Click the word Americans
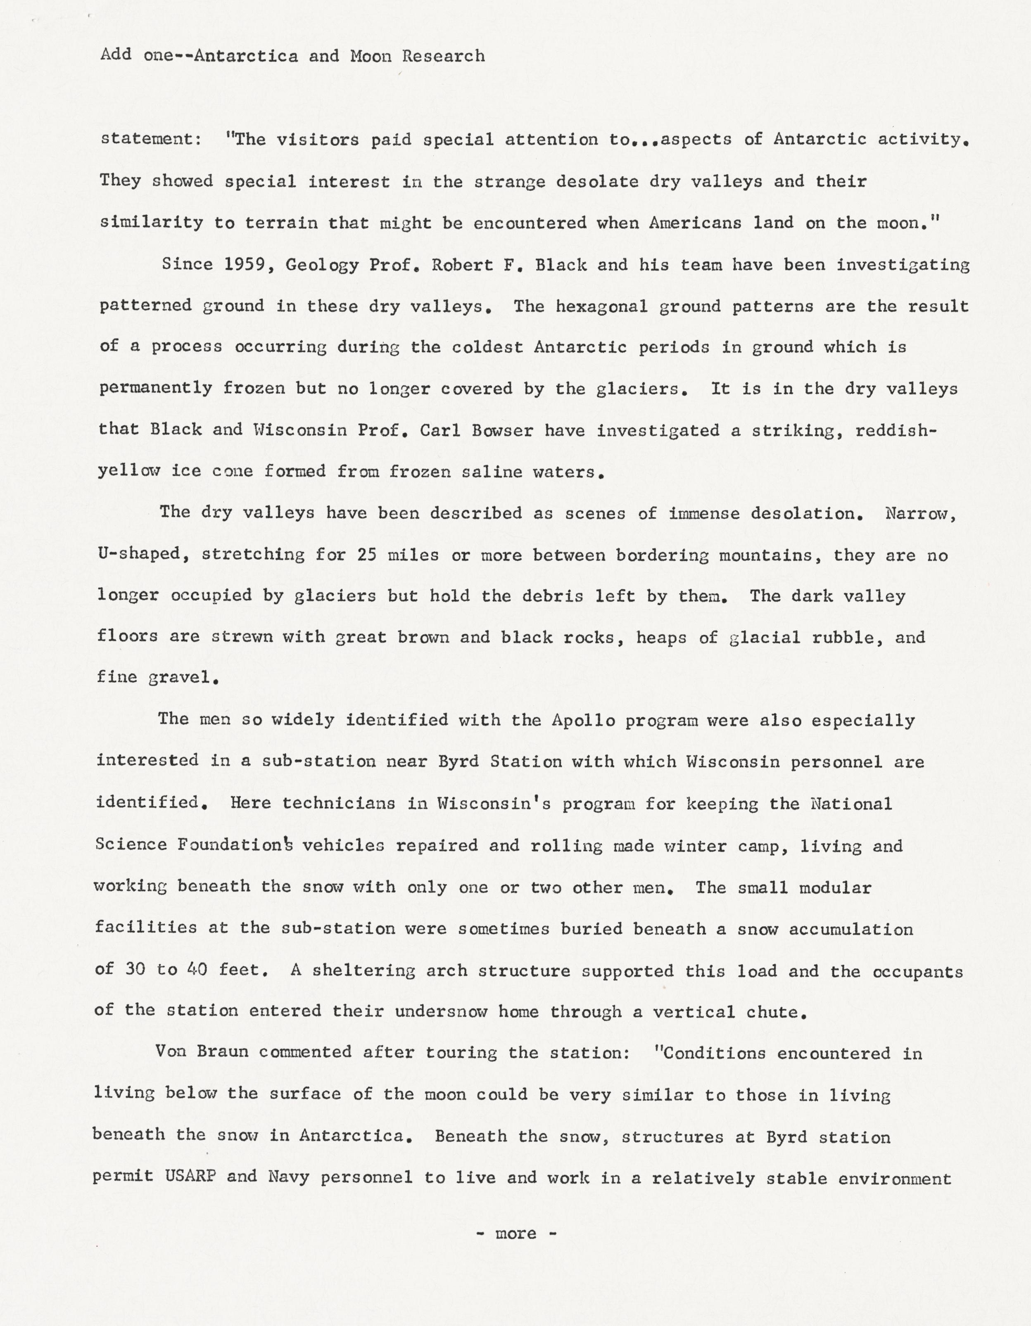pyautogui.click(x=695, y=223)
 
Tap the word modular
pyautogui.click(x=835, y=887)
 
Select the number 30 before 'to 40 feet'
pyautogui.click(x=135, y=970)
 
